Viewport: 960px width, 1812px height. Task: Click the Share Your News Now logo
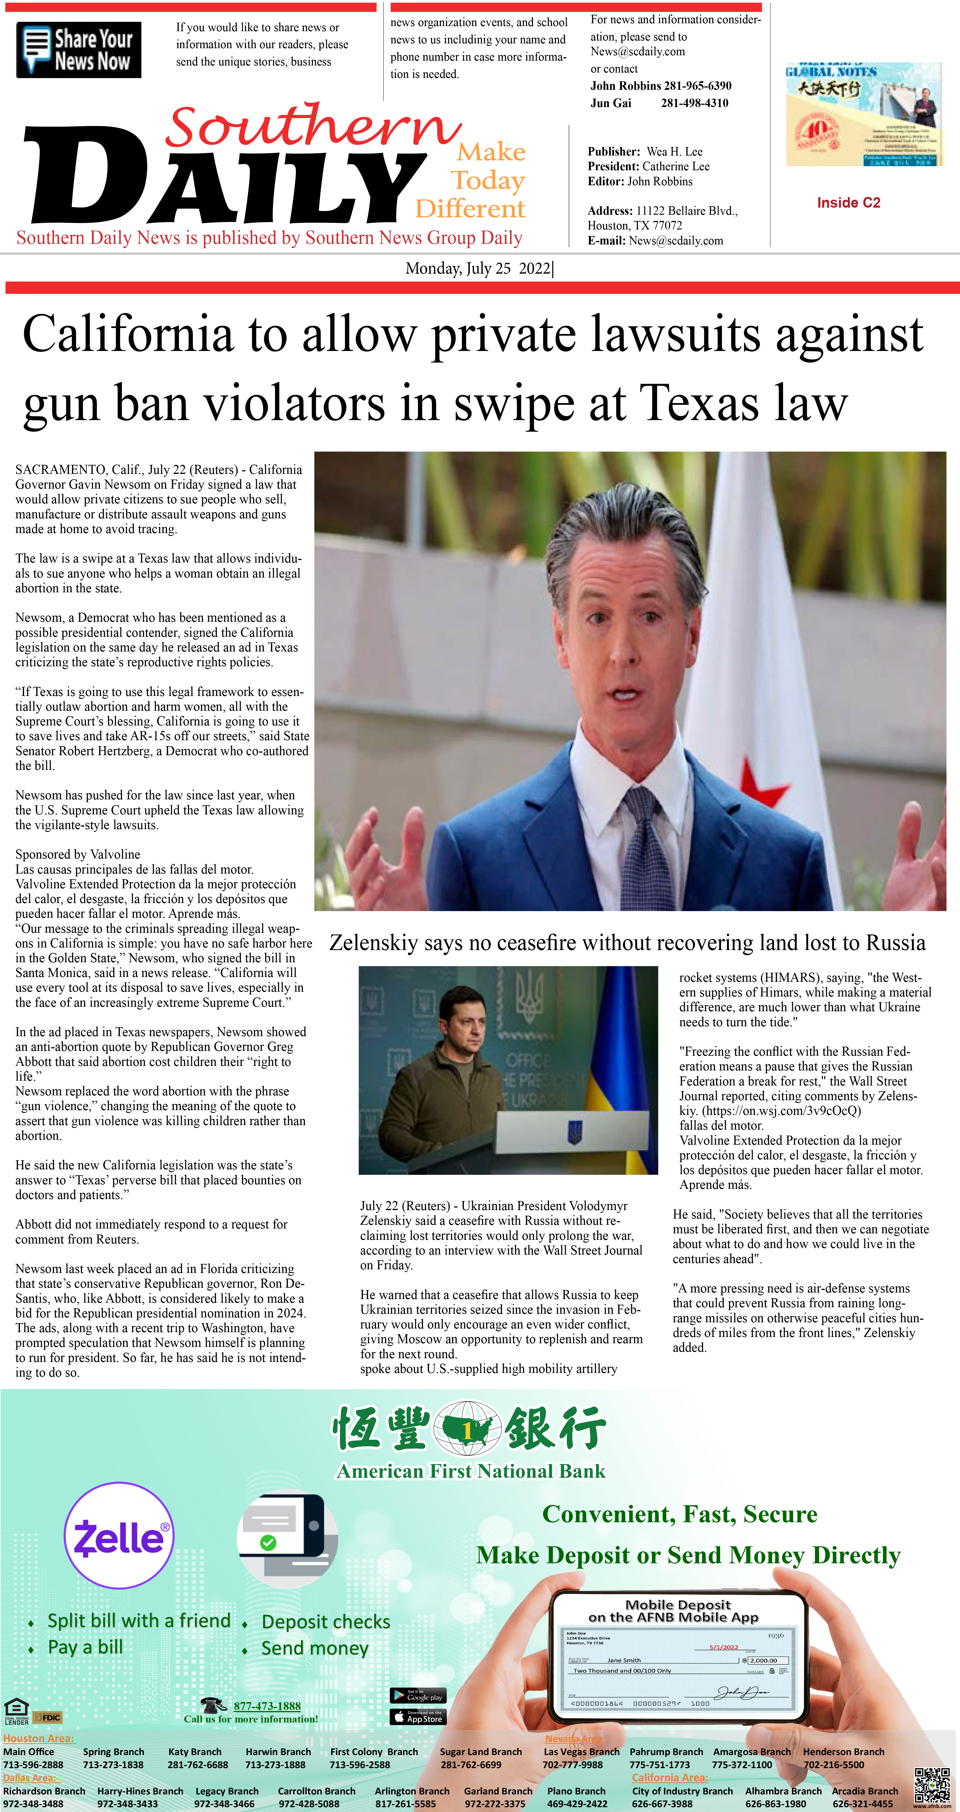click(79, 50)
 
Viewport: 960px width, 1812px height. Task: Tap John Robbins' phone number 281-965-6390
click(697, 86)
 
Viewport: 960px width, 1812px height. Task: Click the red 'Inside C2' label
click(848, 203)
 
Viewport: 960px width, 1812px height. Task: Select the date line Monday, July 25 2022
click(478, 269)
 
